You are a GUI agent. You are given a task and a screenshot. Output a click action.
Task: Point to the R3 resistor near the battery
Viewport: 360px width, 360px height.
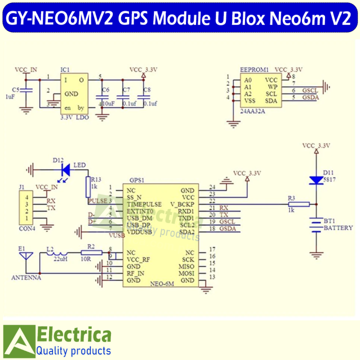click(x=298, y=204)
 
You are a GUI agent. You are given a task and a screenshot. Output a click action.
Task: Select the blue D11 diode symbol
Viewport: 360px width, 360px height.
click(x=314, y=179)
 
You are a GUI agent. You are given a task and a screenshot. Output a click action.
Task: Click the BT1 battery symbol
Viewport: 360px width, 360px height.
click(x=314, y=225)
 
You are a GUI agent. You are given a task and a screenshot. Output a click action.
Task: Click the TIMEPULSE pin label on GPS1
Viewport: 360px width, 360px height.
click(x=144, y=204)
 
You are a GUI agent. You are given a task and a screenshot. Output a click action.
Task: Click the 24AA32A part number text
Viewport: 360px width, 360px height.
click(x=252, y=111)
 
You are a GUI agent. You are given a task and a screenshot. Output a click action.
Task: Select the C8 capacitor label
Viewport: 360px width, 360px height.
click(x=146, y=90)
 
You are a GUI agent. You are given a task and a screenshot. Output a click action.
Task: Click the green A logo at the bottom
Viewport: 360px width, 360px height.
click(x=18, y=341)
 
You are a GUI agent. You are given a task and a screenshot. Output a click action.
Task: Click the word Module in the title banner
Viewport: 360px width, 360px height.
click(x=174, y=18)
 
